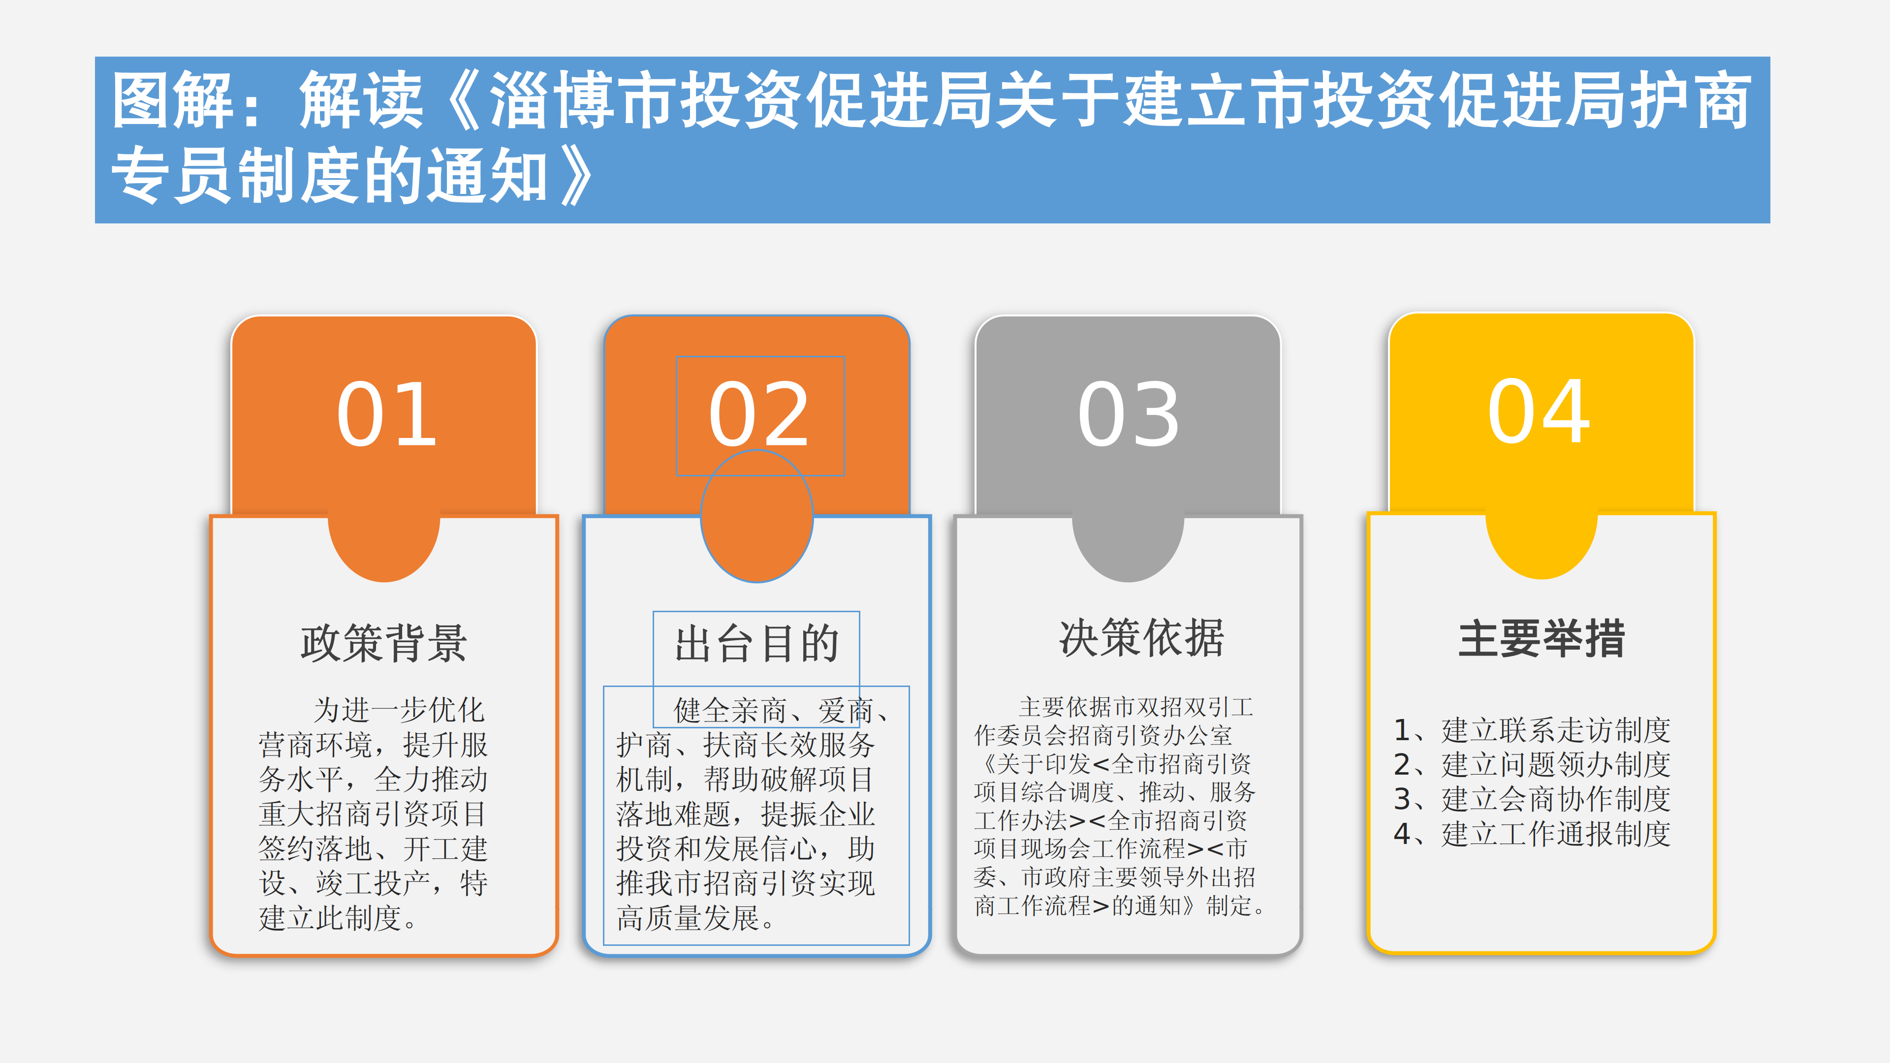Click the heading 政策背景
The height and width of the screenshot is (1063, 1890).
pyautogui.click(x=384, y=643)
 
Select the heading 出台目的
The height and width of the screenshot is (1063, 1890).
pyautogui.click(x=756, y=643)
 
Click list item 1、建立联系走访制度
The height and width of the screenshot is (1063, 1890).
pyautogui.click(x=1532, y=730)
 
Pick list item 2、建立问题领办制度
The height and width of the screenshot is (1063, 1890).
pyautogui.click(x=1532, y=764)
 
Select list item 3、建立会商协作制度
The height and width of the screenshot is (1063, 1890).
pyautogui.click(x=1532, y=799)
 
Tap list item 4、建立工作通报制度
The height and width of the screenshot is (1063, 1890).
pyautogui.click(x=1532, y=833)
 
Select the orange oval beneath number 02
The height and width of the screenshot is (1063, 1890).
pyautogui.click(x=756, y=516)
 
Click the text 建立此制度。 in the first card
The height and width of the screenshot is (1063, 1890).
pyautogui.click(x=338, y=918)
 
